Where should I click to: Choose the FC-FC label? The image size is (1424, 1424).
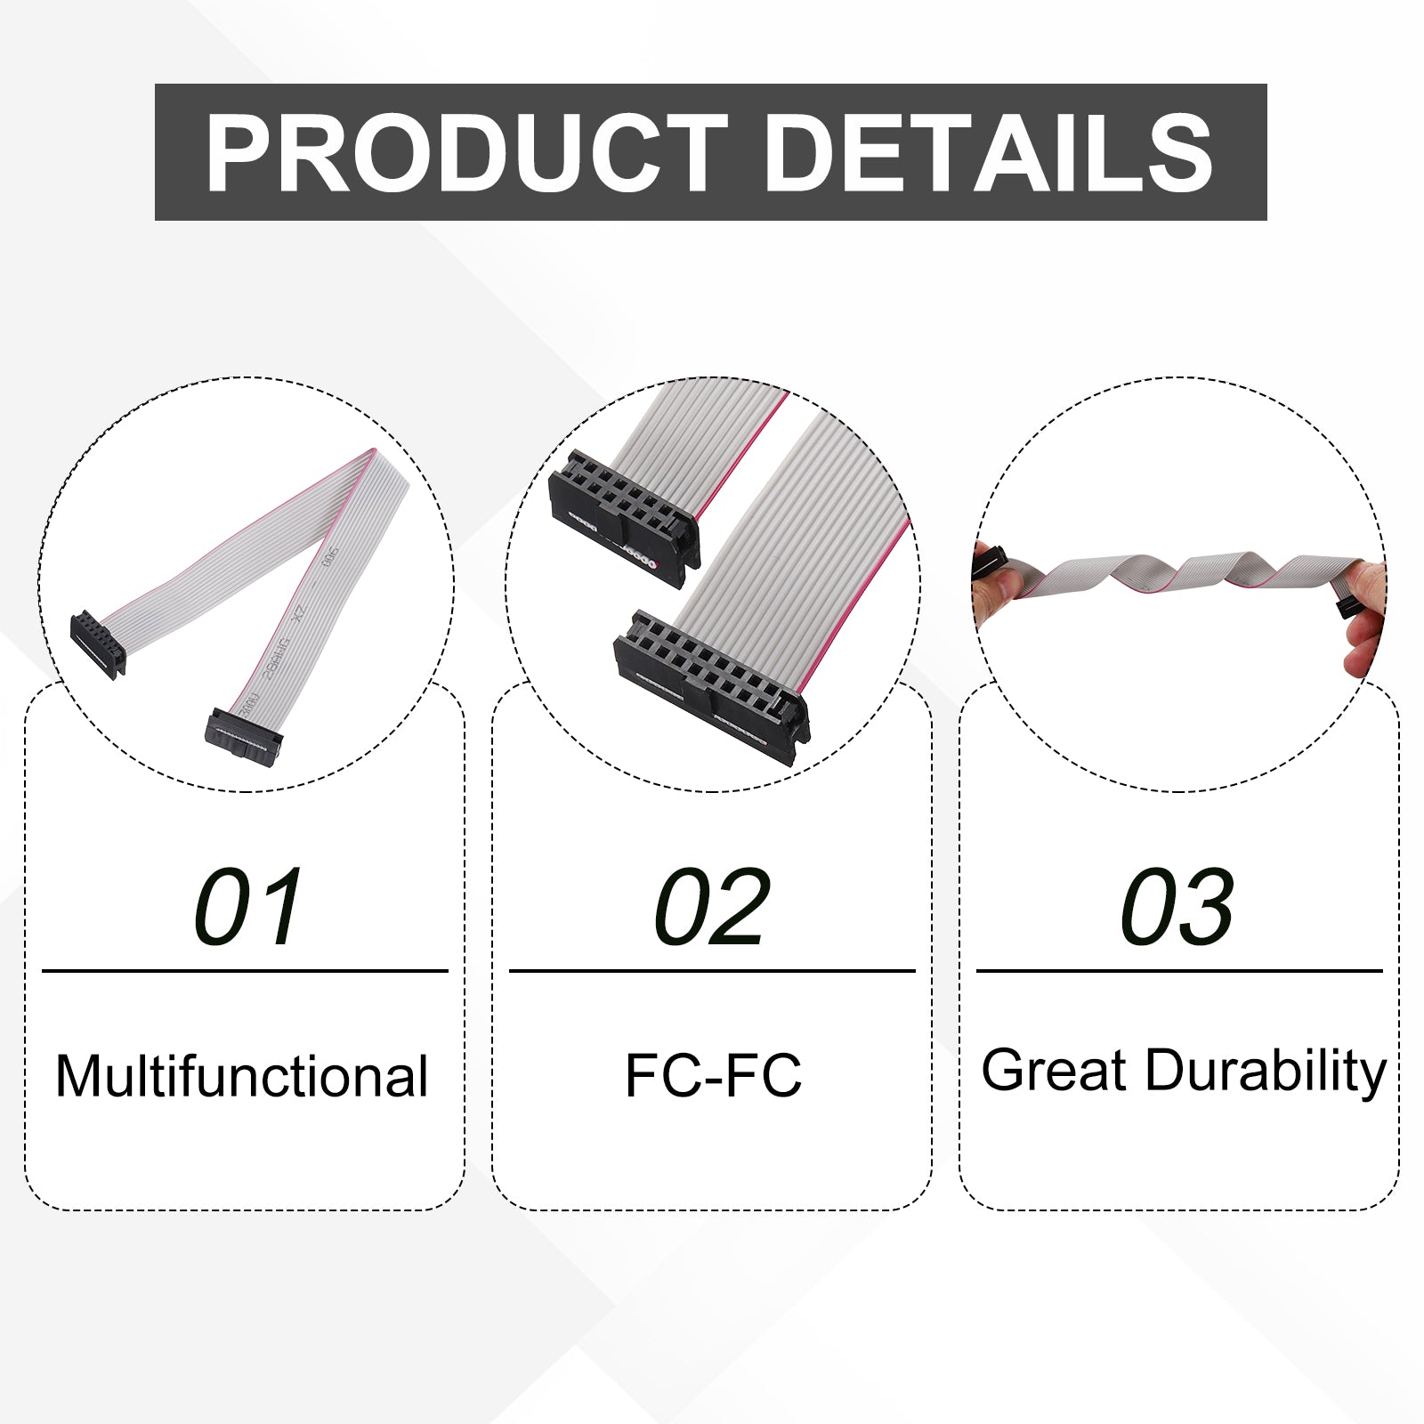[713, 1075]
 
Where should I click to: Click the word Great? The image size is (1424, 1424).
[1054, 1070]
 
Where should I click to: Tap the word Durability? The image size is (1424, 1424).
[1266, 1073]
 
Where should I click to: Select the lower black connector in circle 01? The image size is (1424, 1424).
[243, 737]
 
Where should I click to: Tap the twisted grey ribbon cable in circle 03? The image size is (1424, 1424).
[1175, 575]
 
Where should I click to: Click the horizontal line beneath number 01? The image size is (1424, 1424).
[245, 971]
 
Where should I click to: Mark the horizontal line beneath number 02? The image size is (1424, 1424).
[712, 971]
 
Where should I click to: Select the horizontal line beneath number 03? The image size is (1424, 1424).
[1179, 971]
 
